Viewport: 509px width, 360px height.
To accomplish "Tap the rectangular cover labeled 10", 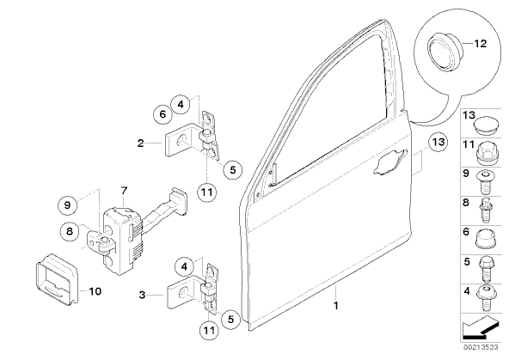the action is [57, 279].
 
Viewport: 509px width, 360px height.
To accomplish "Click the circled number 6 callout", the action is [163, 114].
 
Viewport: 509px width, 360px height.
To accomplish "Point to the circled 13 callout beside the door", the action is [438, 143].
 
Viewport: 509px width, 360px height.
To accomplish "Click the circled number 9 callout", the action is [68, 204].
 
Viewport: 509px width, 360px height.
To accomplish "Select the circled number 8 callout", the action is [70, 231].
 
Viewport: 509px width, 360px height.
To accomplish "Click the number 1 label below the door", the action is [336, 306].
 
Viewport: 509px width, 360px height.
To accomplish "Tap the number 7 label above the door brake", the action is [124, 191].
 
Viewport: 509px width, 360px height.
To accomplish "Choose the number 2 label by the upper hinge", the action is [140, 143].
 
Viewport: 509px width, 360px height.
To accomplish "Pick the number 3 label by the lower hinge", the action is [142, 296].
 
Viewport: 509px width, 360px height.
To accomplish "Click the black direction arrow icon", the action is [481, 328].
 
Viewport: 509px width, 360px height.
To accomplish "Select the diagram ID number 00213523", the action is [481, 347].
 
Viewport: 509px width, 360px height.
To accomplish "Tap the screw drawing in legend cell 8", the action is [486, 211].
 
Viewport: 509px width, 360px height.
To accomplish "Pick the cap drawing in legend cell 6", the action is [486, 240].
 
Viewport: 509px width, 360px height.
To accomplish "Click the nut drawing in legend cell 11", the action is [487, 153].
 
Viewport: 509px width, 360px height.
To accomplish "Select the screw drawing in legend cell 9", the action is [485, 181].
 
